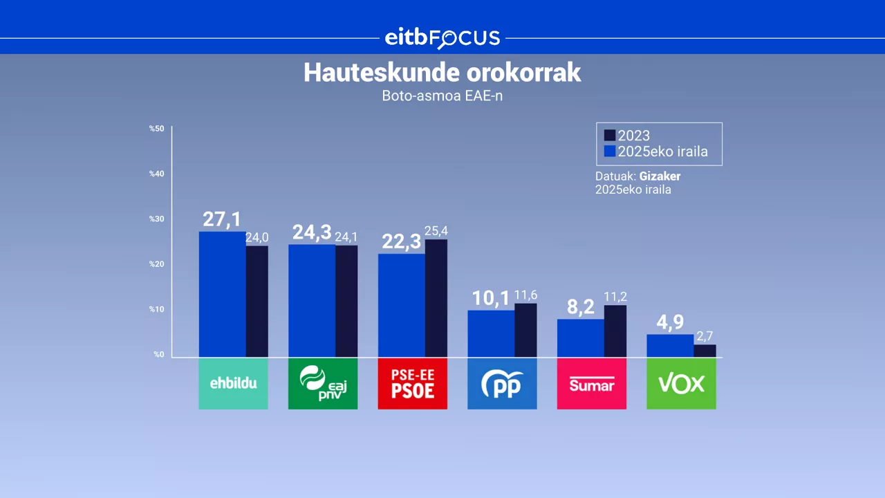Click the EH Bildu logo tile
(x=233, y=384)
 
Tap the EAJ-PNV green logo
(x=323, y=384)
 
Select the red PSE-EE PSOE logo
(x=412, y=384)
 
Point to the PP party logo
(x=502, y=384)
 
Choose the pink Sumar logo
(x=591, y=384)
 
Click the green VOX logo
(x=681, y=384)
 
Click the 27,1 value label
(x=221, y=219)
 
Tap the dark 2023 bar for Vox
(x=705, y=351)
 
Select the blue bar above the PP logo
(x=491, y=333)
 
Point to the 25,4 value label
(x=436, y=231)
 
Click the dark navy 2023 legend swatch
(x=610, y=136)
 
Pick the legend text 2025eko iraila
(x=662, y=152)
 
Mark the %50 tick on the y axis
(x=157, y=129)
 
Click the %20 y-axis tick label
(x=157, y=264)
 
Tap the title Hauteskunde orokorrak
(x=442, y=73)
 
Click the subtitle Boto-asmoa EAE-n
(x=442, y=96)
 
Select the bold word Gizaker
(x=660, y=176)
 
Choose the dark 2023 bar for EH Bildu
(x=257, y=301)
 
